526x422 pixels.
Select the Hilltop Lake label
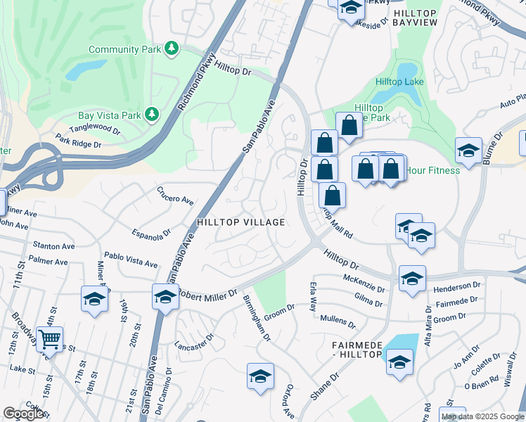point(399,82)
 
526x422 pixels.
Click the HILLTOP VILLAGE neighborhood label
point(241,222)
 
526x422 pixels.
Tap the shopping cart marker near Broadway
point(49,340)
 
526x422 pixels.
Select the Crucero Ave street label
point(175,196)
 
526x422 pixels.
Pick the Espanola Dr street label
point(152,232)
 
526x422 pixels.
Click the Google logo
point(23,414)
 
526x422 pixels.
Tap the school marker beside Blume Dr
point(468,150)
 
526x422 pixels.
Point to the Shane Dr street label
point(324,386)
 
